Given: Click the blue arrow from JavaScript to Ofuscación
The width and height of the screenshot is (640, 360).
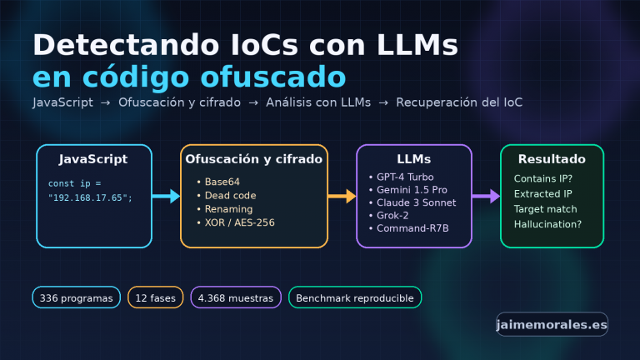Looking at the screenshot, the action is coord(166,197).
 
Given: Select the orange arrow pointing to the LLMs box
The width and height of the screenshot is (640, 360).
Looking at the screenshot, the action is coord(342,197).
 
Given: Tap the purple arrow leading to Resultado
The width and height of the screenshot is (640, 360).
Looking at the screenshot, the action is coord(486,197).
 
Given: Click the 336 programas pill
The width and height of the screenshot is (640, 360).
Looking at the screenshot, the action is coord(77,297).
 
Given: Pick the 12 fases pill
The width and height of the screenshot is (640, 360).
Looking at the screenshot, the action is coord(156,297).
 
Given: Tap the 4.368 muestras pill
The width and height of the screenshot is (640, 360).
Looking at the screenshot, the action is coord(236,297).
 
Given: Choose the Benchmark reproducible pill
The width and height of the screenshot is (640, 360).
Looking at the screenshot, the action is coord(355,297).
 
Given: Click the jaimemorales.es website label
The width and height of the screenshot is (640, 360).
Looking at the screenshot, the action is coord(552,324).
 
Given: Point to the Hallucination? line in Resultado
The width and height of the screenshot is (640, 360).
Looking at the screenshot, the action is coord(547,224).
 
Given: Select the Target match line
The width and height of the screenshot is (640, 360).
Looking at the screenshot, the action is coord(546,209).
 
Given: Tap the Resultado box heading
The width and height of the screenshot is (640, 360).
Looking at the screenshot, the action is coord(552,159).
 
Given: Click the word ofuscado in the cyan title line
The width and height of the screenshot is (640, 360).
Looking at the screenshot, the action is coord(273,77).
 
